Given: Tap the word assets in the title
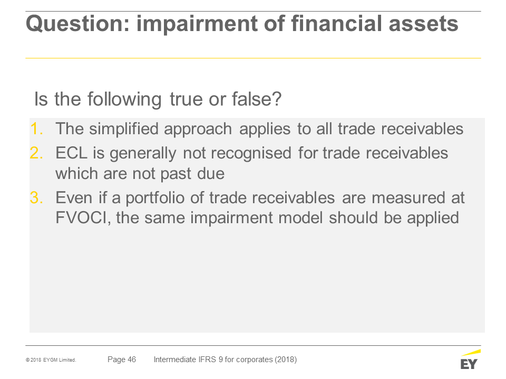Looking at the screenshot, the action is (x=423, y=24).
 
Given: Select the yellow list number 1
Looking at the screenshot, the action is (x=36, y=129).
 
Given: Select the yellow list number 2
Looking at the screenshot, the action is (x=36, y=153).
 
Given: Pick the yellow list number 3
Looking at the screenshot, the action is (x=36, y=197).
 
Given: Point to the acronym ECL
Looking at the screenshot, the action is (x=71, y=153).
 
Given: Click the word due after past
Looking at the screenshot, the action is (x=211, y=174).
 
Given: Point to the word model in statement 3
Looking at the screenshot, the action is (x=300, y=217).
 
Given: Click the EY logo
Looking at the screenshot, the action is (x=470, y=360).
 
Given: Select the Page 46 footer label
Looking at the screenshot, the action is (x=122, y=360).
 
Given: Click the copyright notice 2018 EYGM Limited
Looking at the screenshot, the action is (x=51, y=360).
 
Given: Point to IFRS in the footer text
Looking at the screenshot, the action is (x=206, y=360).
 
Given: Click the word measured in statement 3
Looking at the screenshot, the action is (x=408, y=197).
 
